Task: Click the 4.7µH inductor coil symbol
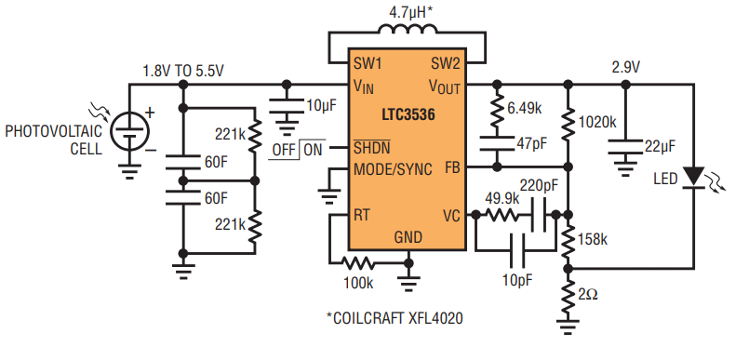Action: pos(407,30)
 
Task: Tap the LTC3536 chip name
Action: pos(408,115)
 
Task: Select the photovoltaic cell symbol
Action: pos(129,130)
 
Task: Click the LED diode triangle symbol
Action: pos(693,177)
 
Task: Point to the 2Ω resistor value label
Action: pos(587,295)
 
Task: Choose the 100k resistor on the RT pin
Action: pos(358,262)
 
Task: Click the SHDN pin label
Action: pos(371,148)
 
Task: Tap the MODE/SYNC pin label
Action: pos(393,169)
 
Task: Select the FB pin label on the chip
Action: pos(452,168)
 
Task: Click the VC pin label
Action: pos(451,217)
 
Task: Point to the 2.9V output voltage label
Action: pos(625,68)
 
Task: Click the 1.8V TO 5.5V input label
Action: pos(183,71)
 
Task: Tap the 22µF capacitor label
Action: pos(662,147)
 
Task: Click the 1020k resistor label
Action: pos(597,122)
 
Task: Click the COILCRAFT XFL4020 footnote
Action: pos(395,318)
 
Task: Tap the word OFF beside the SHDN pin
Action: pos(284,150)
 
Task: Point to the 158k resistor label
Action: pos(593,239)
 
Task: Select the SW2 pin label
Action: pos(445,63)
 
